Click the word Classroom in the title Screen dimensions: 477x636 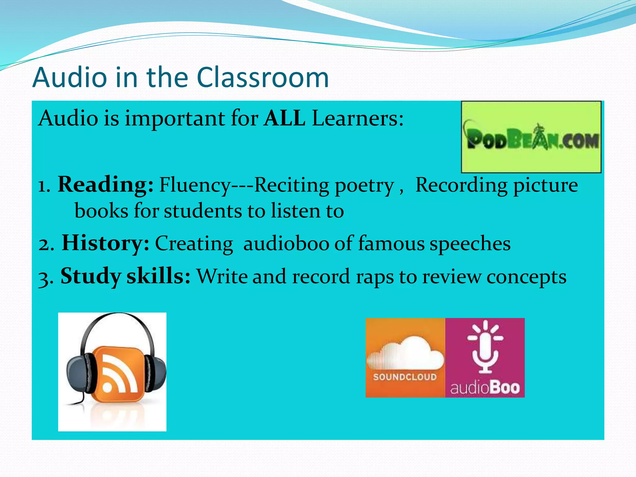click(262, 77)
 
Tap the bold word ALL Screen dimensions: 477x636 click(284, 118)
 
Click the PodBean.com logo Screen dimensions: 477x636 click(531, 137)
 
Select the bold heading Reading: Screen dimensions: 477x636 click(105, 184)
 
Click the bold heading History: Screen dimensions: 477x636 click(106, 243)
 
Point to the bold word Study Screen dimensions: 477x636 click(91, 276)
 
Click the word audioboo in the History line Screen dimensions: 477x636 click(286, 243)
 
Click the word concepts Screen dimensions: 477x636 click(526, 277)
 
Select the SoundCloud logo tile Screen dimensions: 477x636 click(405, 357)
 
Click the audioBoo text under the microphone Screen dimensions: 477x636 click(485, 388)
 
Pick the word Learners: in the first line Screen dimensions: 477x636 click(357, 118)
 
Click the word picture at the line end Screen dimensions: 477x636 click(545, 186)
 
